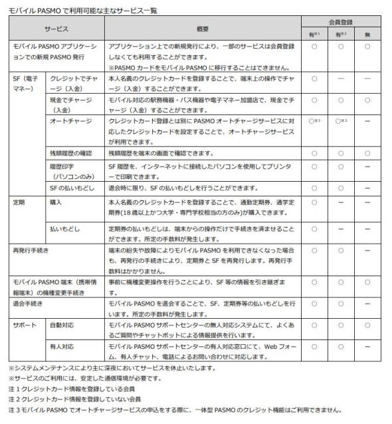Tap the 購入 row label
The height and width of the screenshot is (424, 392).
point(56,200)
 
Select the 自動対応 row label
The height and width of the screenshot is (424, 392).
point(63,324)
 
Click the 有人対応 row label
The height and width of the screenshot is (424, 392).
point(63,347)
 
